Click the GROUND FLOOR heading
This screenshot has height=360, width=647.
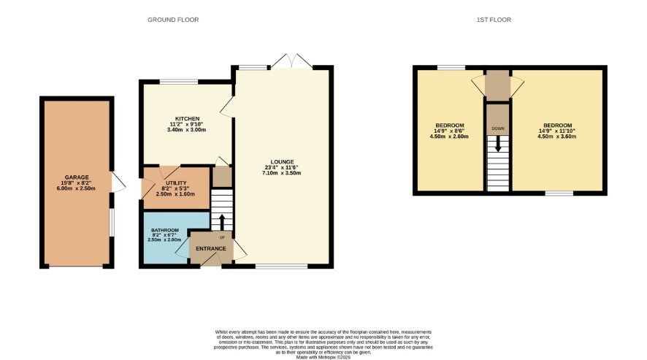point(173,20)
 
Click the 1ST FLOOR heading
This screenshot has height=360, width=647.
point(494,20)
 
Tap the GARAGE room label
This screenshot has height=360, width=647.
point(77,177)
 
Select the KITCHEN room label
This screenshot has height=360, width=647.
point(188,118)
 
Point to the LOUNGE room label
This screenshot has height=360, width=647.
point(282,162)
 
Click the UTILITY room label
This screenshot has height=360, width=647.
point(176,183)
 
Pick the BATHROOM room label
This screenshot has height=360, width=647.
point(164,230)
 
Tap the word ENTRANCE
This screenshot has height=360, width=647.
point(211,248)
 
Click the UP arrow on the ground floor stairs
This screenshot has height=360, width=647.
point(221,222)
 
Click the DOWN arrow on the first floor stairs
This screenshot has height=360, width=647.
point(498,144)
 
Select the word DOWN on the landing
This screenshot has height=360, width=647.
point(498,129)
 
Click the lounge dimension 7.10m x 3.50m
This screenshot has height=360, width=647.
point(281,173)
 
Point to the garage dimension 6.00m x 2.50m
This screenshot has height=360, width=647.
point(76,188)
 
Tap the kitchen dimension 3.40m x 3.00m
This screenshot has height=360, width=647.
point(186,130)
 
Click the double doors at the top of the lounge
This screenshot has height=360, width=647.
point(291,61)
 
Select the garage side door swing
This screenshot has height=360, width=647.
point(119,182)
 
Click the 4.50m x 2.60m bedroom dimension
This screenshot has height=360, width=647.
point(449,137)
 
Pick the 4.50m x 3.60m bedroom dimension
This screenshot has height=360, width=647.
point(556,137)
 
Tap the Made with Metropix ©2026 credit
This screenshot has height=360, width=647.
point(323,358)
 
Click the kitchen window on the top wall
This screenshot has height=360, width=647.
point(179,82)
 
